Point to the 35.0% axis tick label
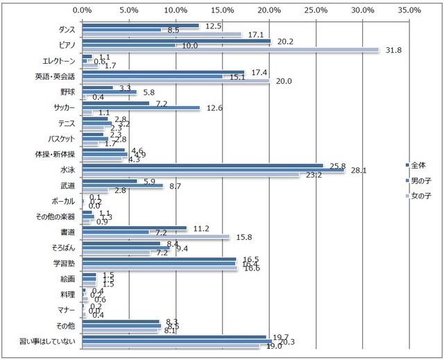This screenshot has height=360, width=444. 409,10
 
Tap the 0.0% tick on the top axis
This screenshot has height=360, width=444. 82,10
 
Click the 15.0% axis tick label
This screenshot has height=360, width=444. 222,10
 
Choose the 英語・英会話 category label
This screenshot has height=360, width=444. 56,76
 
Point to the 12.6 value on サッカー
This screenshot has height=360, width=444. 210,108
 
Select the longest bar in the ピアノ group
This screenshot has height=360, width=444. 230,50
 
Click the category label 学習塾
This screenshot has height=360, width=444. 65,263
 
